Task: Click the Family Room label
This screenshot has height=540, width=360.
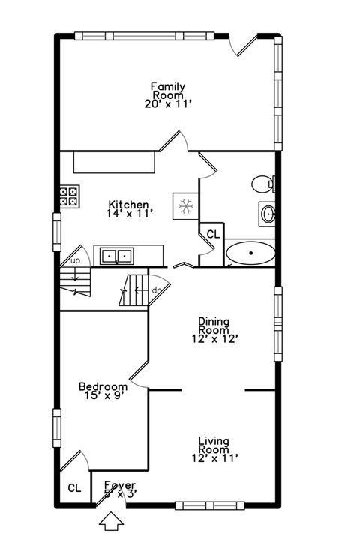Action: tap(168, 91)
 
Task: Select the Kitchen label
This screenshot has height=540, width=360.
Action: tap(129, 205)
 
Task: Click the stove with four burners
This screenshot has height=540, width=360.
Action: tap(70, 196)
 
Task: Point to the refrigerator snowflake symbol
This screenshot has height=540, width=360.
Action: tap(184, 205)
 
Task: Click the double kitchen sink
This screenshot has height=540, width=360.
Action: tap(116, 256)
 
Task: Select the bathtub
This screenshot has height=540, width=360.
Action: tap(250, 254)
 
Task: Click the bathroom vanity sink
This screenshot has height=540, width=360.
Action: tap(268, 214)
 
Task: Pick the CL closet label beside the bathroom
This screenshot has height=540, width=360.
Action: tap(213, 234)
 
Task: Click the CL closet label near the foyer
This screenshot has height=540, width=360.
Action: tap(74, 488)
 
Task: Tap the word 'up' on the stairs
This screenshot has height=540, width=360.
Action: tap(75, 261)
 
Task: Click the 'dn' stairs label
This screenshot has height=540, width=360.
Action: tap(157, 289)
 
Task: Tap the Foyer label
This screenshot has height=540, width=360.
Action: tap(119, 484)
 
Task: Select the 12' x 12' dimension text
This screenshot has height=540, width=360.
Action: tap(214, 339)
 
